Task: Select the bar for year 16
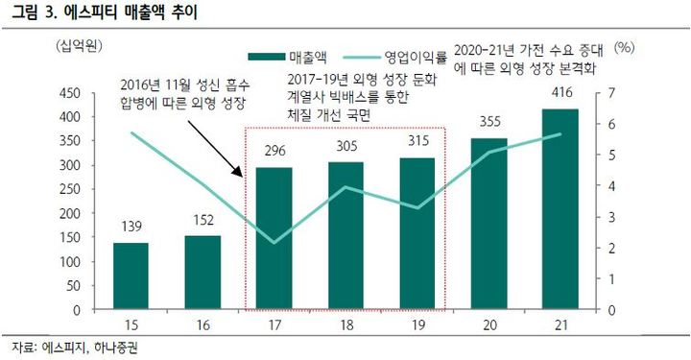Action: point(203,274)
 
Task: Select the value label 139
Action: point(131,227)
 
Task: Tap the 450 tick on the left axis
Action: point(68,93)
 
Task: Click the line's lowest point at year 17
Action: point(275,242)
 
